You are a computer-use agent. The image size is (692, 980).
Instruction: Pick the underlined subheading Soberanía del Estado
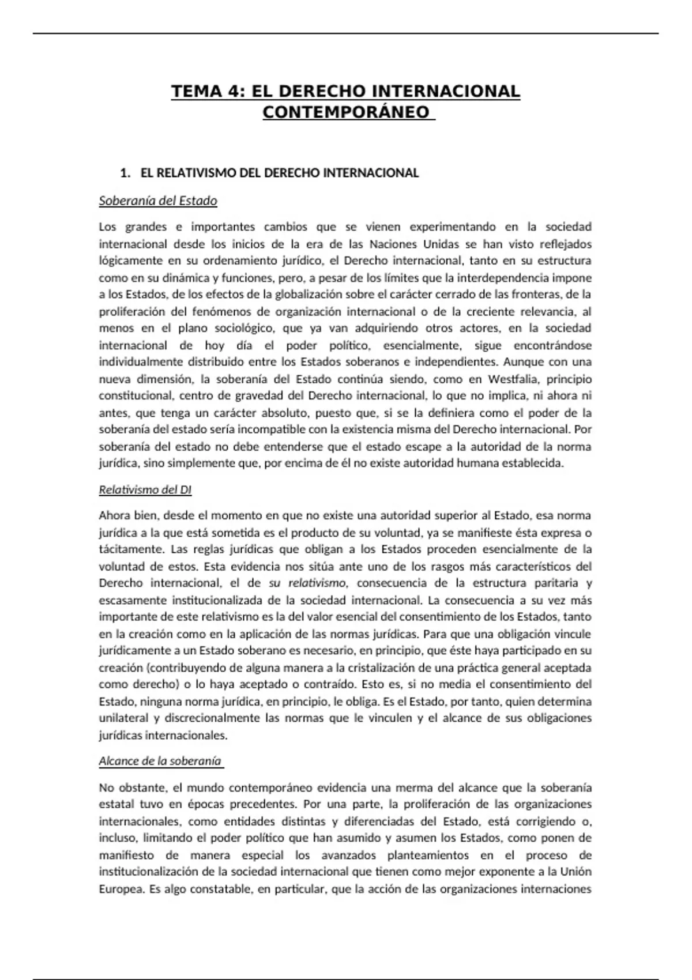(158, 201)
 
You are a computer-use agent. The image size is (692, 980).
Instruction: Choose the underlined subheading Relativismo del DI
(145, 490)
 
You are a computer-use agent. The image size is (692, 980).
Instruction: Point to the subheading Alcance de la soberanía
(160, 761)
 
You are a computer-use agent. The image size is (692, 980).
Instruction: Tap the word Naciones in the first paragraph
(393, 244)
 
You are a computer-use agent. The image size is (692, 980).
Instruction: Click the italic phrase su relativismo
(307, 583)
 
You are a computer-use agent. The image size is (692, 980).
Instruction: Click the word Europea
(121, 889)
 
